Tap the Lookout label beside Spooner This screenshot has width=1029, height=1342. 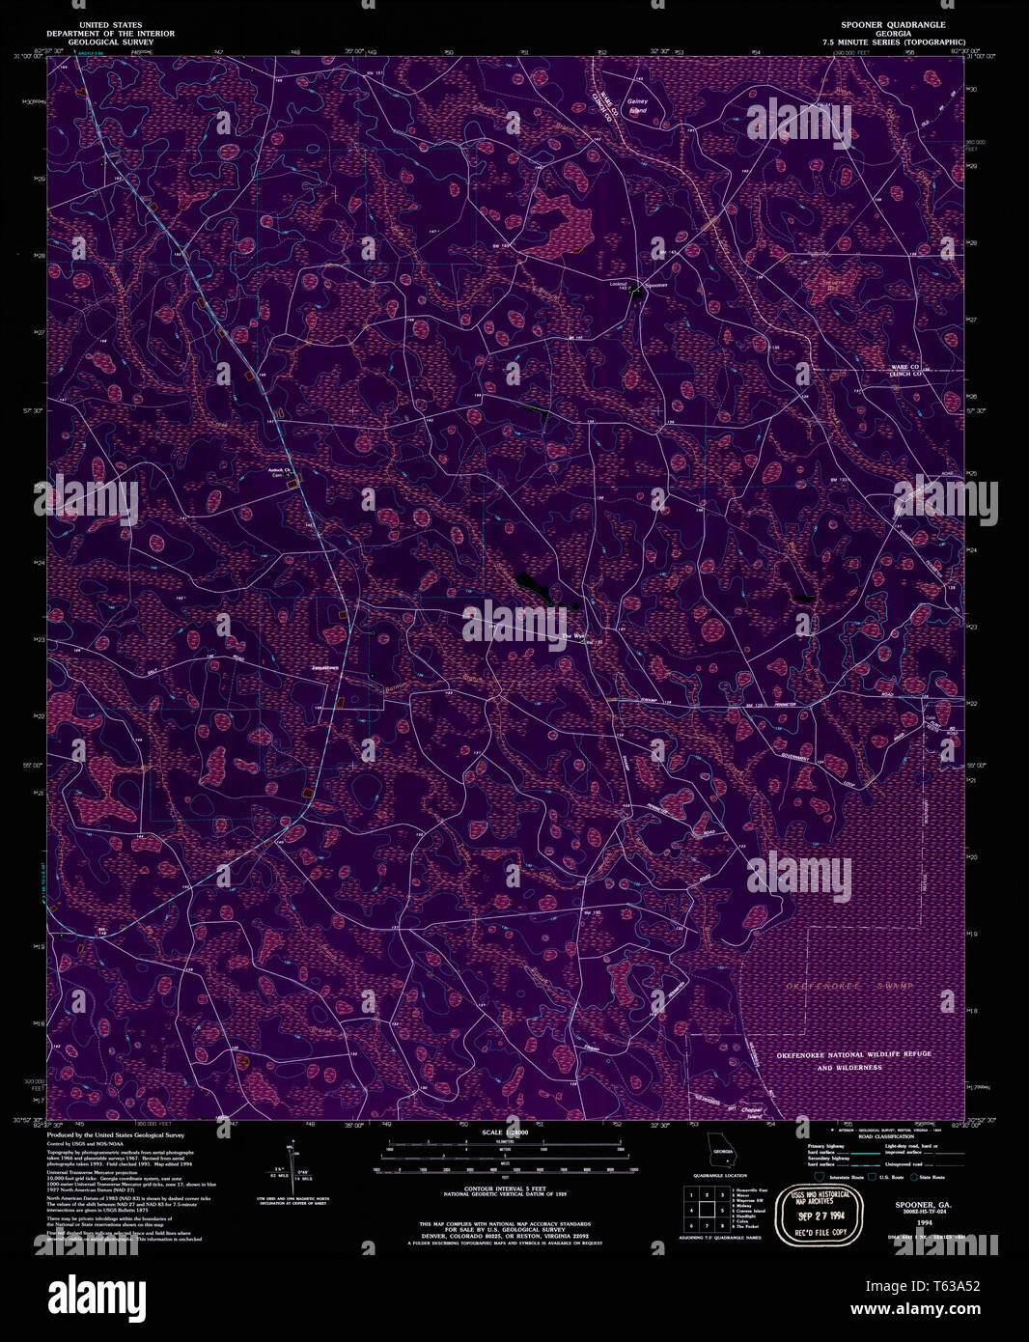point(619,284)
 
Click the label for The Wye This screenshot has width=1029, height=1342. point(573,636)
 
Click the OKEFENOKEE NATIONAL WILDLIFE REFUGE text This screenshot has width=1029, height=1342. point(853,1054)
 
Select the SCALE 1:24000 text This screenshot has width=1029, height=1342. point(504,1132)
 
